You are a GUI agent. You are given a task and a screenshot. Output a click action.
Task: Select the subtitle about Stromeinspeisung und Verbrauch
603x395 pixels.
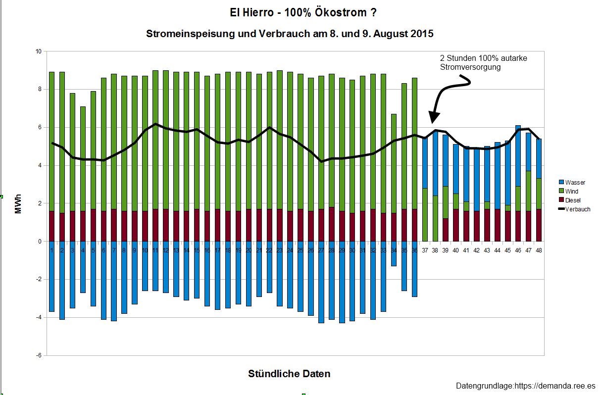tap(290, 34)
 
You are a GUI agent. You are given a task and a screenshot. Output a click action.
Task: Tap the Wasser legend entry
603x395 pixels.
tap(575, 183)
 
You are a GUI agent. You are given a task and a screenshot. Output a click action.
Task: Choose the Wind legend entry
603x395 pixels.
tap(572, 191)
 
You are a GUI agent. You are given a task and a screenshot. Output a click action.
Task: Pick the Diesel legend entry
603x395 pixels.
tap(573, 200)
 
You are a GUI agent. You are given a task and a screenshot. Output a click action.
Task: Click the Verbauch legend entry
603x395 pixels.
tap(577, 209)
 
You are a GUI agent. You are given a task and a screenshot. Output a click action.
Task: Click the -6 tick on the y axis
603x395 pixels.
tap(39, 355)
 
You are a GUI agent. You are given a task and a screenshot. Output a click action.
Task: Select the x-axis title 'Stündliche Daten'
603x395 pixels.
tap(289, 374)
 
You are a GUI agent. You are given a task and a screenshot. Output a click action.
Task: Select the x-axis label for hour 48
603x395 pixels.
tap(539, 250)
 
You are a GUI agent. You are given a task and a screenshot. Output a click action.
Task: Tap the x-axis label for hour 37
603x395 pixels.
tap(425, 250)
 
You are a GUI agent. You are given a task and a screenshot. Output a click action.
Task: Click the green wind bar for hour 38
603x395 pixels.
tap(435, 218)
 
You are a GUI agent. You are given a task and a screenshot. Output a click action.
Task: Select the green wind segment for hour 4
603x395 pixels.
tap(83, 158)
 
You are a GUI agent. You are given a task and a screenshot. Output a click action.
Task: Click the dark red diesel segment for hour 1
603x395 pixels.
tap(52, 226)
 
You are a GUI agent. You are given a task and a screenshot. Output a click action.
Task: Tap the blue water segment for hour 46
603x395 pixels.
tap(518, 156)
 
